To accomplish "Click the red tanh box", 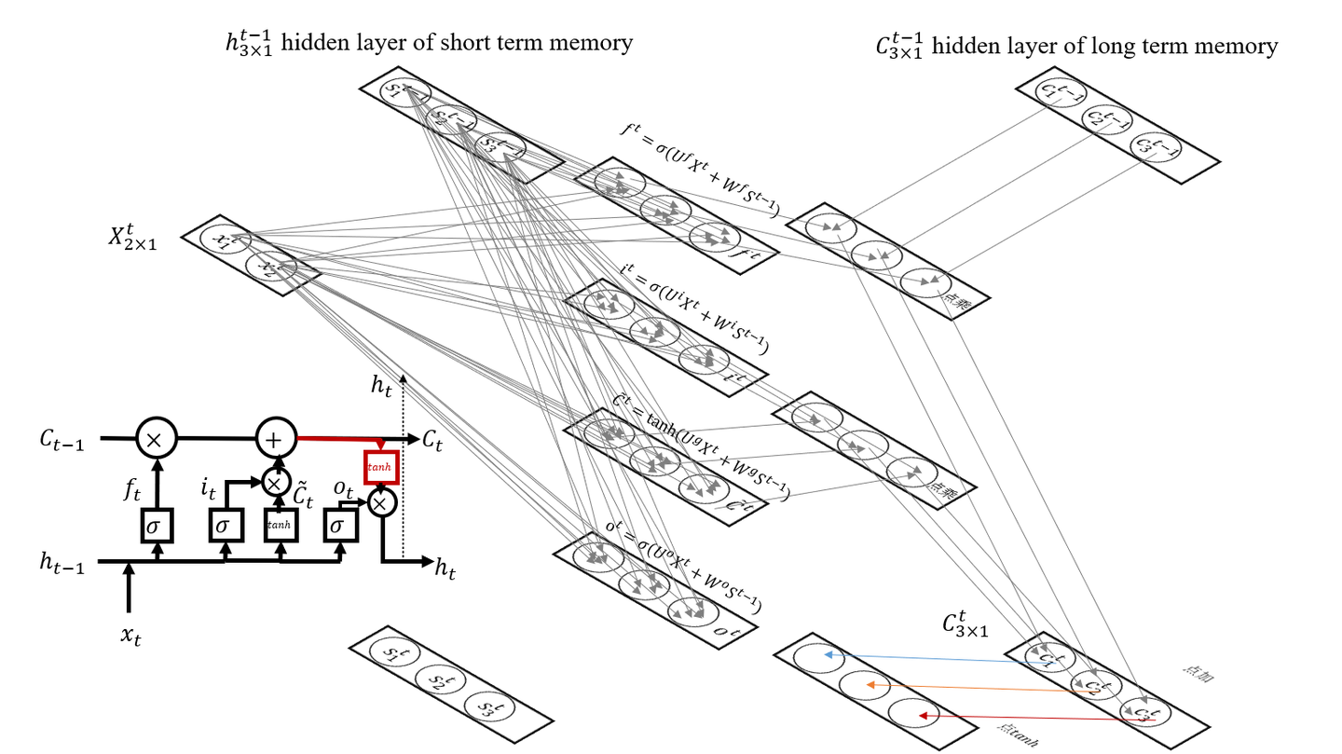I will coord(381,466).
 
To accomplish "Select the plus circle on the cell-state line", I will coord(276,437).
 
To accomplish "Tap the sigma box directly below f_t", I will coord(157,527).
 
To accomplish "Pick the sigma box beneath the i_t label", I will coord(223,527).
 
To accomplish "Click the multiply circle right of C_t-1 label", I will coord(156,437).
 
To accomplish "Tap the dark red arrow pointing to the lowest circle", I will coord(1025,718).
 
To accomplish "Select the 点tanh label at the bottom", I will coord(1017,736).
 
